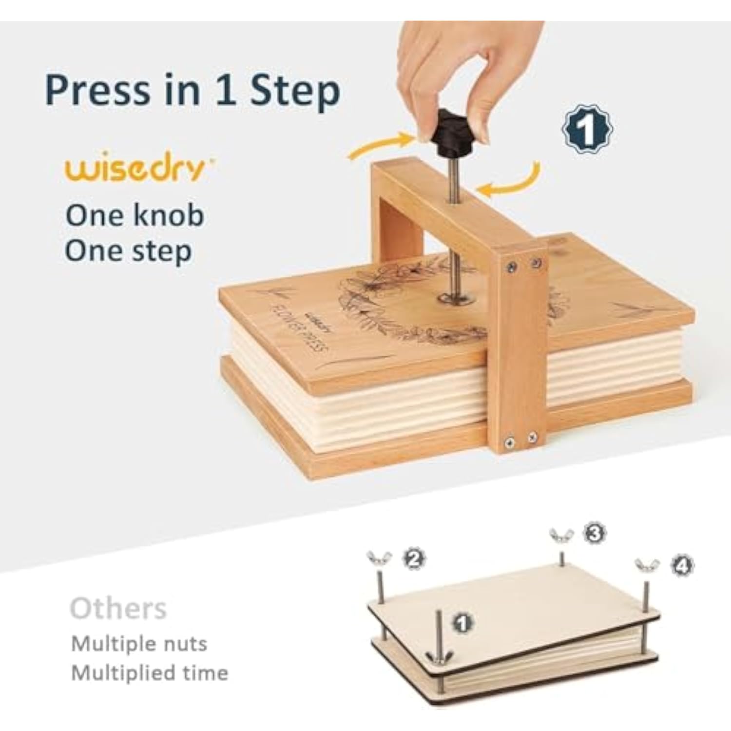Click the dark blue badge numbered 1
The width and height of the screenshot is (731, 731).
587,129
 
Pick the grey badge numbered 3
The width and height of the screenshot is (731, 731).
594,534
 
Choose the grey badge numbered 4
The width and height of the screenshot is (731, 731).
682,565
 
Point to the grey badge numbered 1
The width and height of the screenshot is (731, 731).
463,622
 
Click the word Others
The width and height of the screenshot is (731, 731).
118,608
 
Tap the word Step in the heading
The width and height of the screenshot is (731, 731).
295,90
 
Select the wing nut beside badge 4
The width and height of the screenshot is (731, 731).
647,565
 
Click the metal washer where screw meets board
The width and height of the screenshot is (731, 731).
456,298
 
